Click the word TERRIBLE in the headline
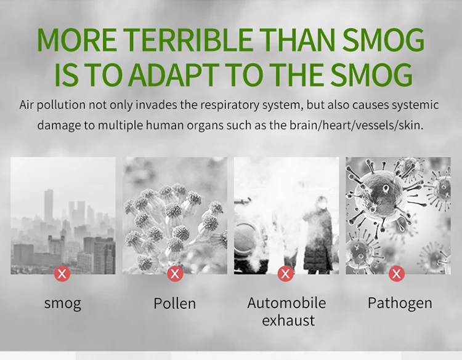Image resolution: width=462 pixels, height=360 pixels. [x=188, y=40]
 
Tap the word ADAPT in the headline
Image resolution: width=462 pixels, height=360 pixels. [x=174, y=74]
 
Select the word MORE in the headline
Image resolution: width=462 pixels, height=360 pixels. [x=76, y=40]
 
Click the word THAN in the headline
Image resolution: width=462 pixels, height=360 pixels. [x=298, y=40]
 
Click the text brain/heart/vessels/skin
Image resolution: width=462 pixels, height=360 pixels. [x=356, y=126]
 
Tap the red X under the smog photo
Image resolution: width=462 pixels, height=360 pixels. [x=62, y=274]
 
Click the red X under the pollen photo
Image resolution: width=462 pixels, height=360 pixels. [x=175, y=274]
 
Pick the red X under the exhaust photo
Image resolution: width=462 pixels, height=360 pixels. [x=285, y=274]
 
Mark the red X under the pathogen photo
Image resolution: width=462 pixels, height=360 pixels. [x=397, y=274]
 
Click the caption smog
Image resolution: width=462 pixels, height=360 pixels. [x=62, y=304]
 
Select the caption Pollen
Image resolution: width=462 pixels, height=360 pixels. [x=175, y=303]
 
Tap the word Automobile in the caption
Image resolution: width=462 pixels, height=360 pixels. [x=286, y=303]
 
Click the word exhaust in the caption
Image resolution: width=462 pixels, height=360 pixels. [x=288, y=320]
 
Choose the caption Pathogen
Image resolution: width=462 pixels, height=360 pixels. [x=400, y=304]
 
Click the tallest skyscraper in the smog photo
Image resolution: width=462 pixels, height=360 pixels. [x=49, y=207]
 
